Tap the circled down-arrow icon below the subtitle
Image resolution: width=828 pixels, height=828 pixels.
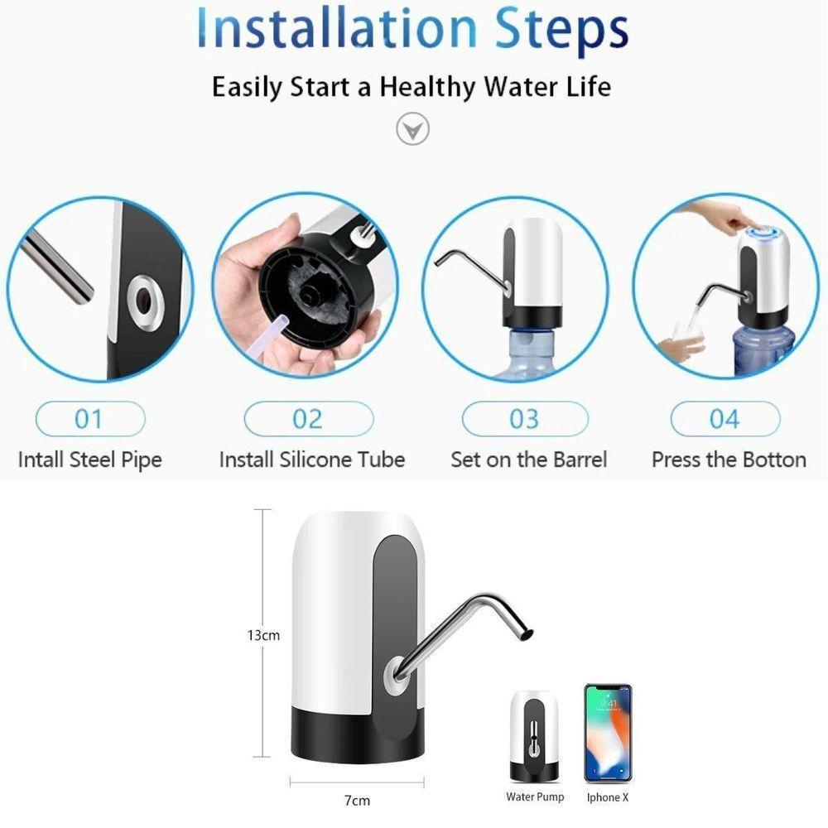coord(412,128)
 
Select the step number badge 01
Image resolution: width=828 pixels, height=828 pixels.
coord(90,419)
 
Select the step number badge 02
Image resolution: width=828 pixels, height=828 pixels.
coord(309,419)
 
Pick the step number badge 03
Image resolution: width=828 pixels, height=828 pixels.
coord(525,419)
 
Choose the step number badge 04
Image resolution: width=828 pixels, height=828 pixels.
coord(725,419)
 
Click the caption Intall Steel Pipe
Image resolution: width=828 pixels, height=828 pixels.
coord(89,460)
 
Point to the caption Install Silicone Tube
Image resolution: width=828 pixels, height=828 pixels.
coord(312,460)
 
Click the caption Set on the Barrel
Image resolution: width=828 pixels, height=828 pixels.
coord(528,460)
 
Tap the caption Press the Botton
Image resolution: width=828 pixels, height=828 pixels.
coord(729,460)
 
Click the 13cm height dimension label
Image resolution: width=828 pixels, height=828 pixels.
coord(263,635)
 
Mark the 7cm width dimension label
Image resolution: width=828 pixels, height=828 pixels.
coord(358,801)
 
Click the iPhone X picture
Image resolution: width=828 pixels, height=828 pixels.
coord(608,734)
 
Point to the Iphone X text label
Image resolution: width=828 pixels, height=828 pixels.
coord(608,797)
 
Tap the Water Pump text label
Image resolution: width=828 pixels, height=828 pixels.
coord(535,797)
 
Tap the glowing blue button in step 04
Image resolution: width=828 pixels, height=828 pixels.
coord(764,233)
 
